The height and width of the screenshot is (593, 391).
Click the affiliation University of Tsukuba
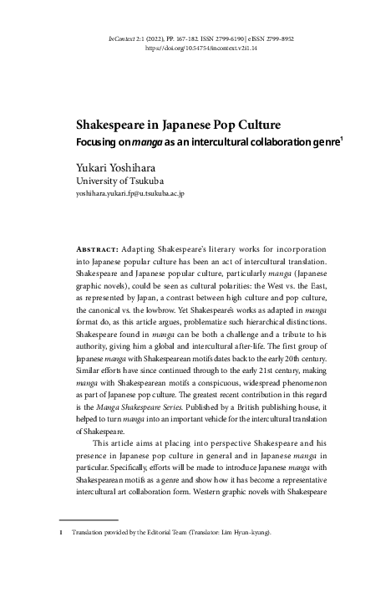[119, 180]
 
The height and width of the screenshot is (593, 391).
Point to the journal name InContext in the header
[126, 39]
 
